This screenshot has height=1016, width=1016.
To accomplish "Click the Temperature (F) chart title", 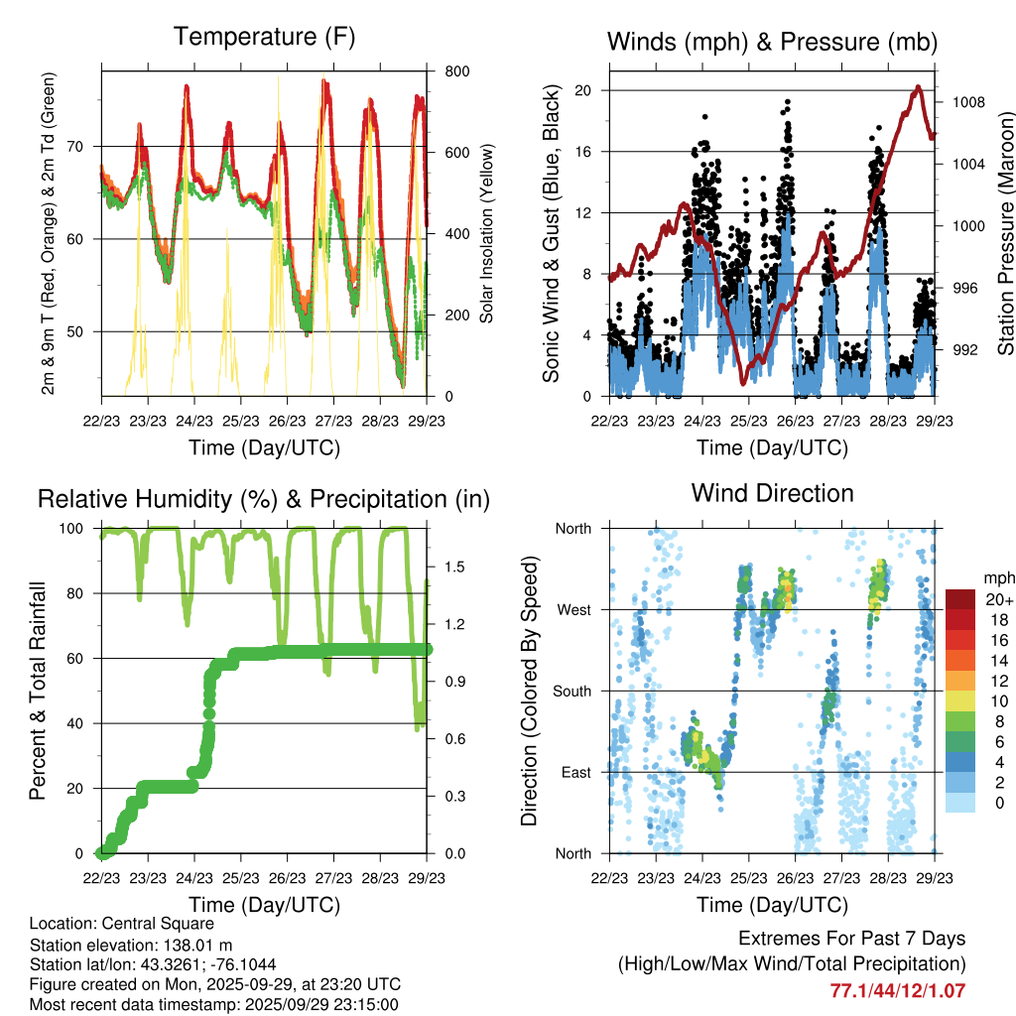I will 263,38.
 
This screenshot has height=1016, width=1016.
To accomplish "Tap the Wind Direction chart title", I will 772,493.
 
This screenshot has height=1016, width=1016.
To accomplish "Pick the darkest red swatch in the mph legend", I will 960,599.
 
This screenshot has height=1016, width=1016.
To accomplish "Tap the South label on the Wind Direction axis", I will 572,691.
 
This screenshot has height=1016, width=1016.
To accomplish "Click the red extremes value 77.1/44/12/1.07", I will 897,990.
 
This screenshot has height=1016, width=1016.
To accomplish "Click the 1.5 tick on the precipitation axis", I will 455,567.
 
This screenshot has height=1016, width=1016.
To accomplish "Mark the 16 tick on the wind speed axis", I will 582,152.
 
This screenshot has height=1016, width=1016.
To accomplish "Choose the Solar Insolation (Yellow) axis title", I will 487,234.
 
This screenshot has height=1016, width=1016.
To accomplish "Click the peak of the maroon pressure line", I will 919,87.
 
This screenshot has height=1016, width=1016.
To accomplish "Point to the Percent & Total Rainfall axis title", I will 38,691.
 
